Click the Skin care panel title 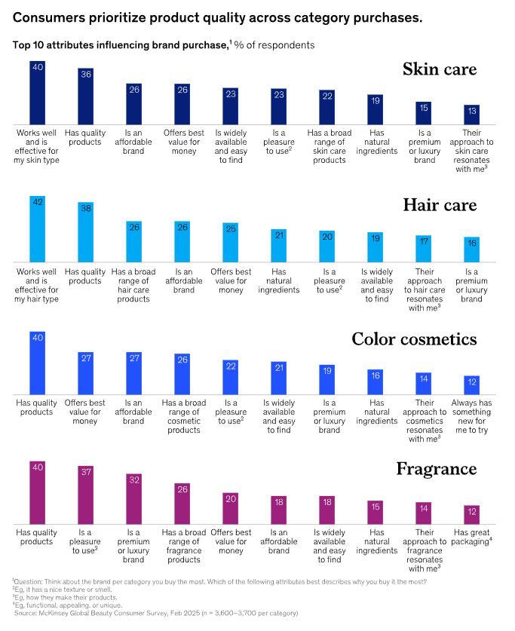click(x=439, y=70)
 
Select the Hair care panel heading click(x=439, y=205)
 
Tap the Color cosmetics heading click(x=414, y=339)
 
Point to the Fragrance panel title click(x=437, y=469)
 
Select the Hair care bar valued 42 click(x=38, y=229)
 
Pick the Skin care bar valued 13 click(x=471, y=115)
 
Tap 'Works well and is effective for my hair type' click(x=38, y=281)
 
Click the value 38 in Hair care click(x=86, y=209)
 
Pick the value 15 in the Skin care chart click(x=424, y=108)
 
